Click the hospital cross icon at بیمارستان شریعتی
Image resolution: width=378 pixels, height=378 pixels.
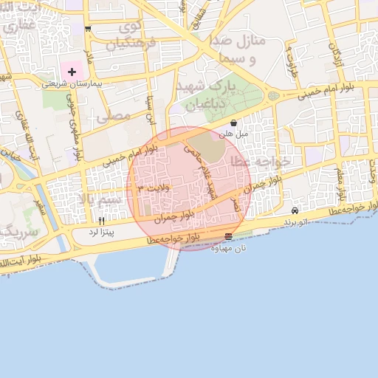72,72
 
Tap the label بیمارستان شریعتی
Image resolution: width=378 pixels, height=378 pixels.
72,84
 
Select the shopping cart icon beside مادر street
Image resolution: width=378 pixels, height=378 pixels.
88,29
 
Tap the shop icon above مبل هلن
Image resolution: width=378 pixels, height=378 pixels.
234,123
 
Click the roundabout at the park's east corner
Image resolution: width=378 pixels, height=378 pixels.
274,96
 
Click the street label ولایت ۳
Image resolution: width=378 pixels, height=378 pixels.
153,190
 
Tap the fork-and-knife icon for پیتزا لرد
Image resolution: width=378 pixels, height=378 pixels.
101,221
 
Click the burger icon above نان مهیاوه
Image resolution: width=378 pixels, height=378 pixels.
228,236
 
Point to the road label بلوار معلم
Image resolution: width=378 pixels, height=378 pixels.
340,185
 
